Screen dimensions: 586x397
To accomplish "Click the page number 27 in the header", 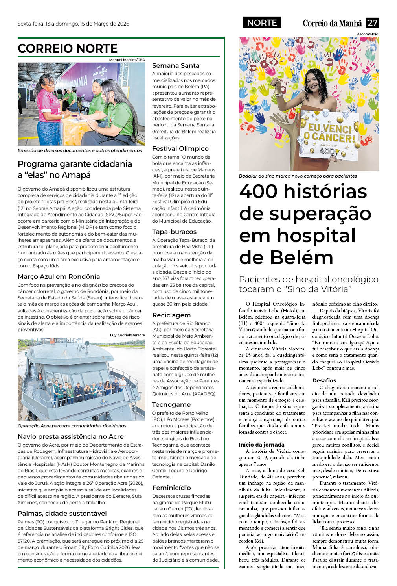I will click(372, 23).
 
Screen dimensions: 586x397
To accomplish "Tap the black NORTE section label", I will click(262, 23).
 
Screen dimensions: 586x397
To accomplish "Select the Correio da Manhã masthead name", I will click(332, 23).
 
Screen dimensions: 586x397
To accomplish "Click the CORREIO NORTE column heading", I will click(68, 48).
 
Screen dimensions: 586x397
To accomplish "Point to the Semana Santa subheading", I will click(176, 66).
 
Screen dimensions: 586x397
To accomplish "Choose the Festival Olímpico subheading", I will click(180, 149).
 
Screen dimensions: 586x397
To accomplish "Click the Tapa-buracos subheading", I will click(174, 232).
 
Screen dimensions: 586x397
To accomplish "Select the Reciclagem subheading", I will click(171, 315).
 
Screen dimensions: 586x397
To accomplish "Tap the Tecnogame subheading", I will click(171, 405).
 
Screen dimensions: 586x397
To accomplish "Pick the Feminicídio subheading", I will click(171, 488).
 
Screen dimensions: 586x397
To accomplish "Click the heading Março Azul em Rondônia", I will click(59, 277).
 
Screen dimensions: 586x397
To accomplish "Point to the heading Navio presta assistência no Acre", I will click(71, 436).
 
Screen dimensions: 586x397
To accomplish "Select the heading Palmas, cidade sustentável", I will click(62, 514).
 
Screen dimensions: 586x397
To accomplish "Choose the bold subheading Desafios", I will click(324, 381).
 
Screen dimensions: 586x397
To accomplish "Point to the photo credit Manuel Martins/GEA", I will click(127, 60).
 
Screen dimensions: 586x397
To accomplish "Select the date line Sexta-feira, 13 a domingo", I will click(73, 24).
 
